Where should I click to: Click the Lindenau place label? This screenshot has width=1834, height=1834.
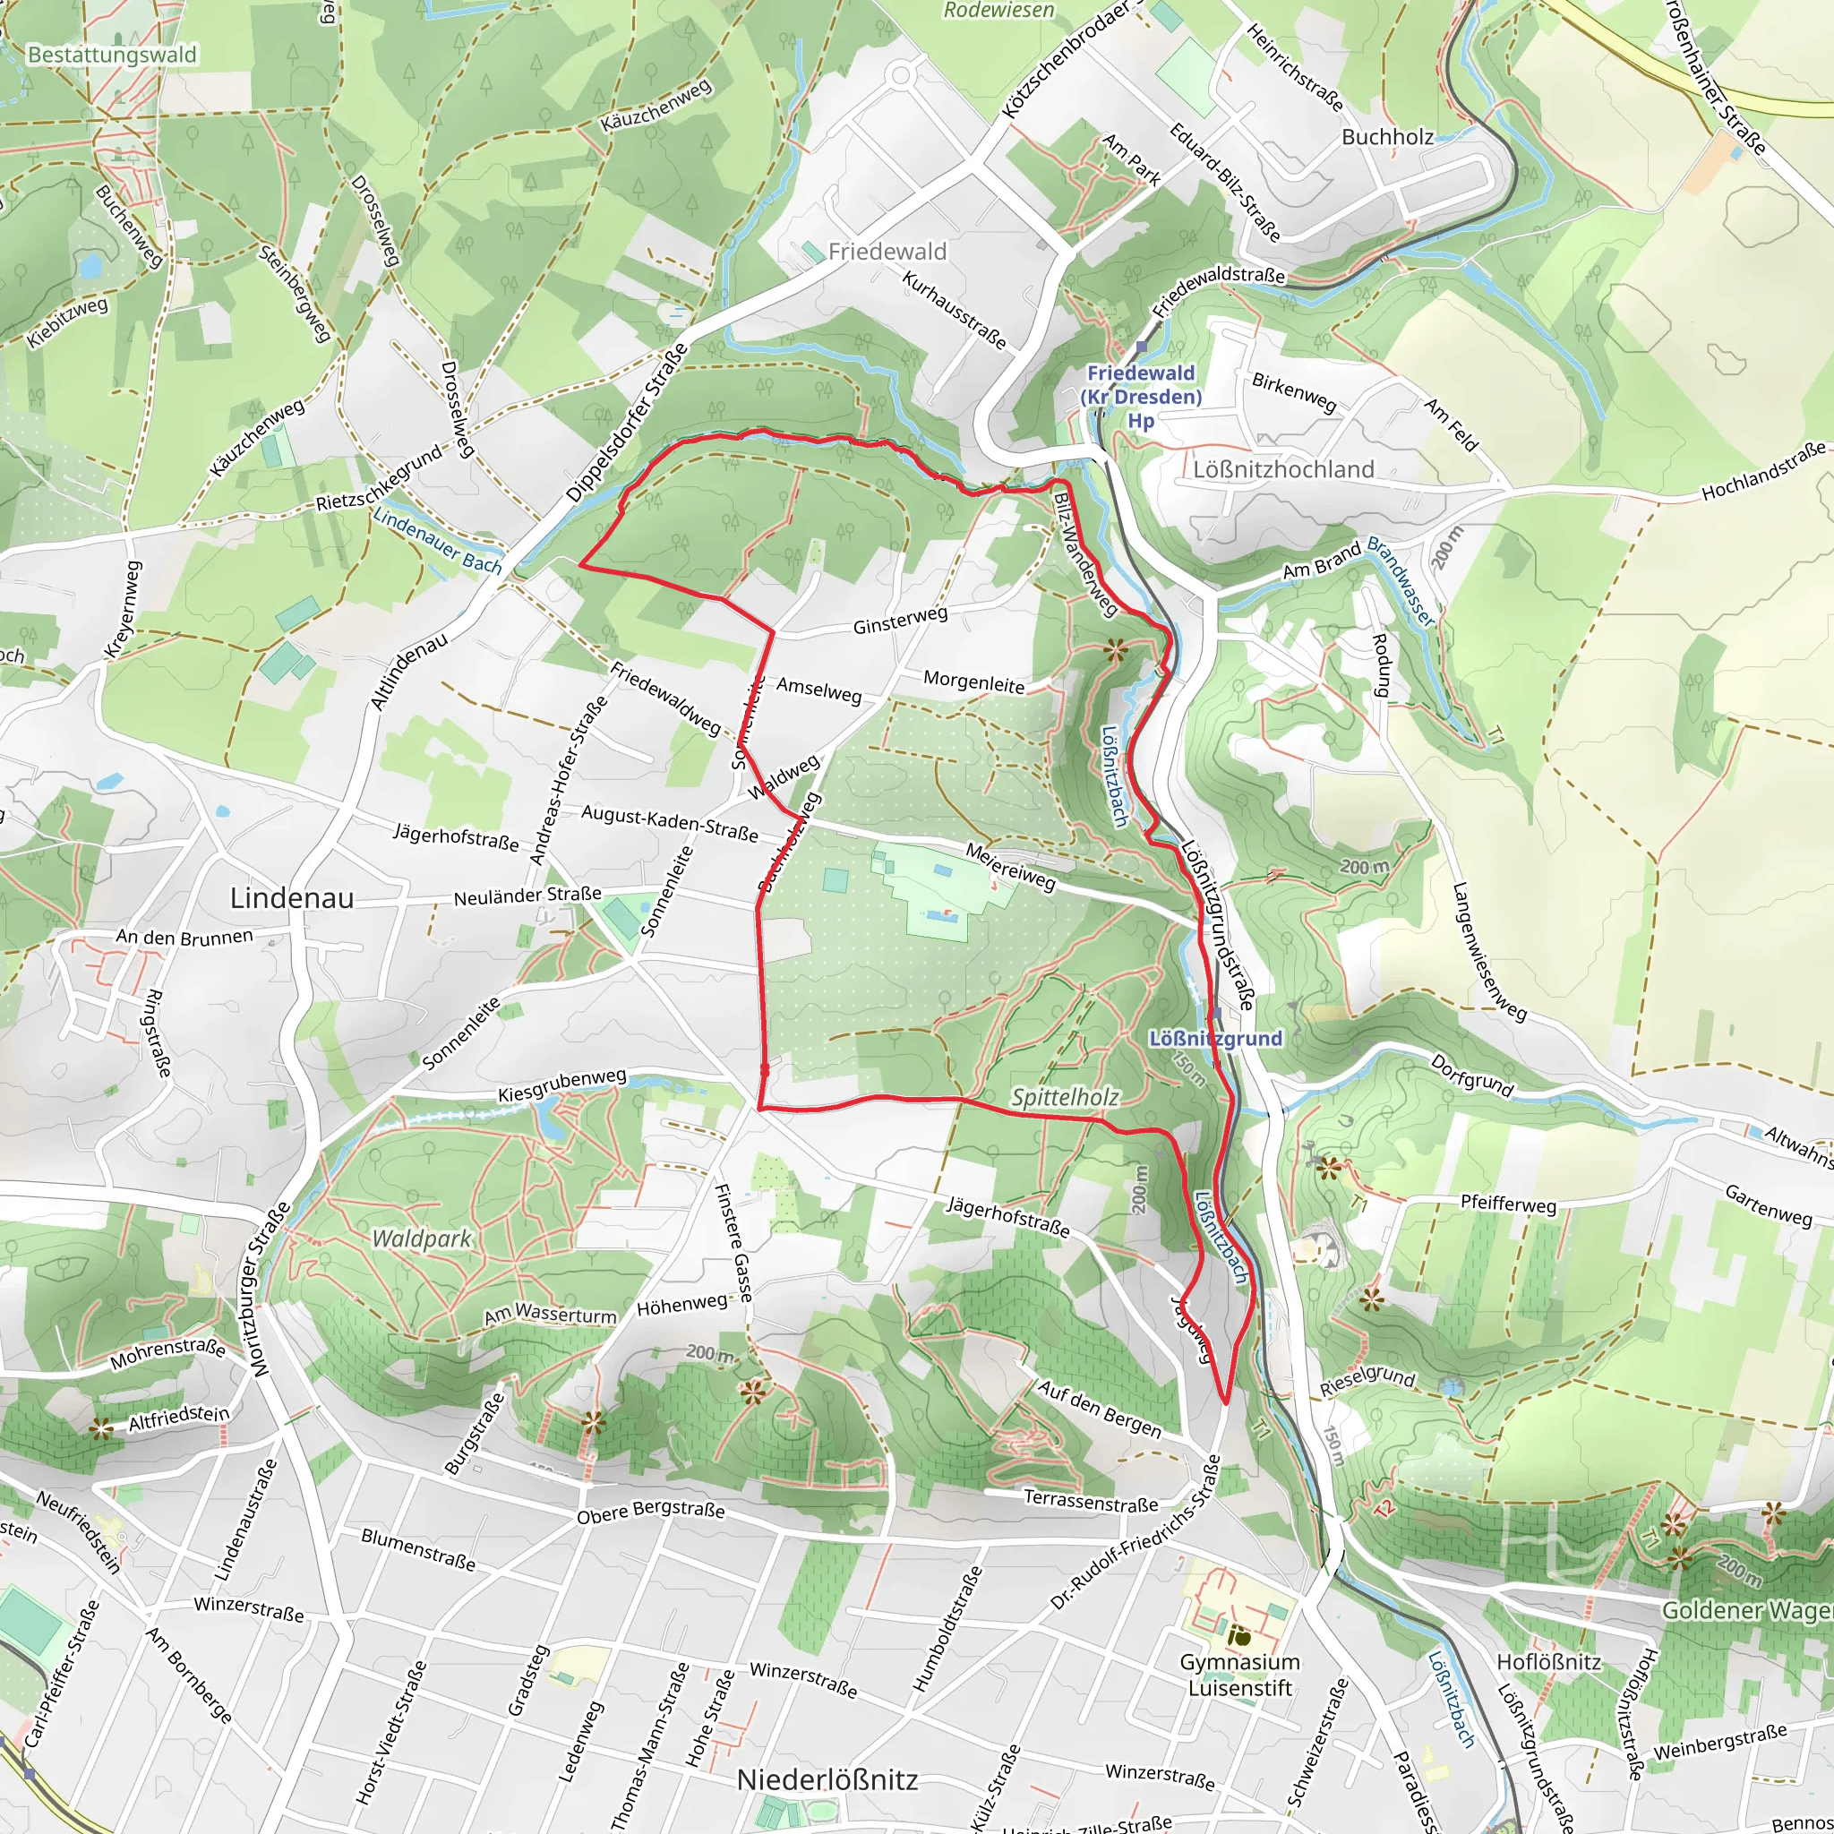(291, 898)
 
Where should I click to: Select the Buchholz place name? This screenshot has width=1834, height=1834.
(1387, 137)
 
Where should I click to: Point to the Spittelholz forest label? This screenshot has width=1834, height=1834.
(1065, 1097)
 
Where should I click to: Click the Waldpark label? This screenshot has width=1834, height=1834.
(422, 1238)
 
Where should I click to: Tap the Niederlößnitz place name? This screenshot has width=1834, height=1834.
(827, 1780)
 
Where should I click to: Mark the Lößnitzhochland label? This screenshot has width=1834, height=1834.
(1283, 469)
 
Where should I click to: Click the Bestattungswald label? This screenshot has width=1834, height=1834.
(112, 54)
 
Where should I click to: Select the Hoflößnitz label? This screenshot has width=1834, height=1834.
(1548, 1662)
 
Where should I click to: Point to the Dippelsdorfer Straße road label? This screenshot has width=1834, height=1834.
(628, 424)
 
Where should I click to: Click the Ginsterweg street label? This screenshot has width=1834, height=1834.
(900, 621)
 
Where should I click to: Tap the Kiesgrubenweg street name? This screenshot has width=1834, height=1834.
(562, 1086)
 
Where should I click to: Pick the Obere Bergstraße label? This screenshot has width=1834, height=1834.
(650, 1512)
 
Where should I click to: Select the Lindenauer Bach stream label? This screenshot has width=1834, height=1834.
(438, 542)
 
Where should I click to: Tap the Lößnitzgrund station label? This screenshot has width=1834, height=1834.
(1215, 1039)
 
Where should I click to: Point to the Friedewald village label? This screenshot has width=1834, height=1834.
(887, 252)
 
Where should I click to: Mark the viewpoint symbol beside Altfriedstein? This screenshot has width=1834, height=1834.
(100, 1427)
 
